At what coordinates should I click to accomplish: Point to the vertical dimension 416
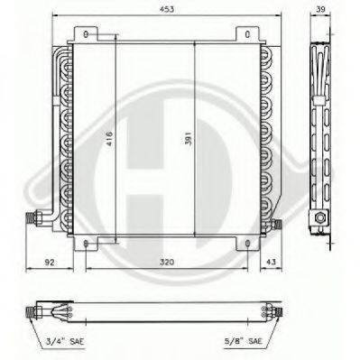coord(108,140)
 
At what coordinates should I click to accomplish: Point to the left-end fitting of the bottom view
coord(39,309)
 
